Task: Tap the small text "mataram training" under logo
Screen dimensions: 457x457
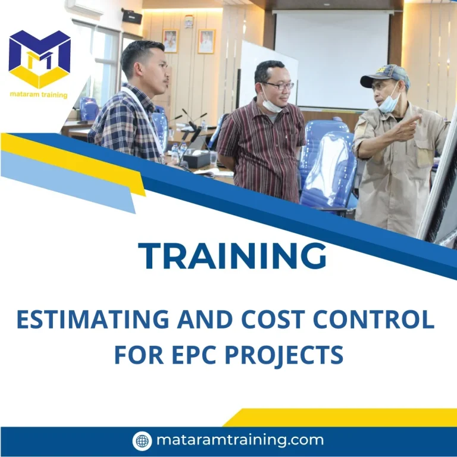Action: (x=39, y=95)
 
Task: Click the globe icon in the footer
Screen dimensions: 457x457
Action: (x=142, y=440)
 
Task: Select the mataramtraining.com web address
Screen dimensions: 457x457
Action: (x=240, y=440)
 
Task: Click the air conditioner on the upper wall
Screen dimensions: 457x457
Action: (x=87, y=7)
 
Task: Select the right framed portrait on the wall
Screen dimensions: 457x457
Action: (x=206, y=41)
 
